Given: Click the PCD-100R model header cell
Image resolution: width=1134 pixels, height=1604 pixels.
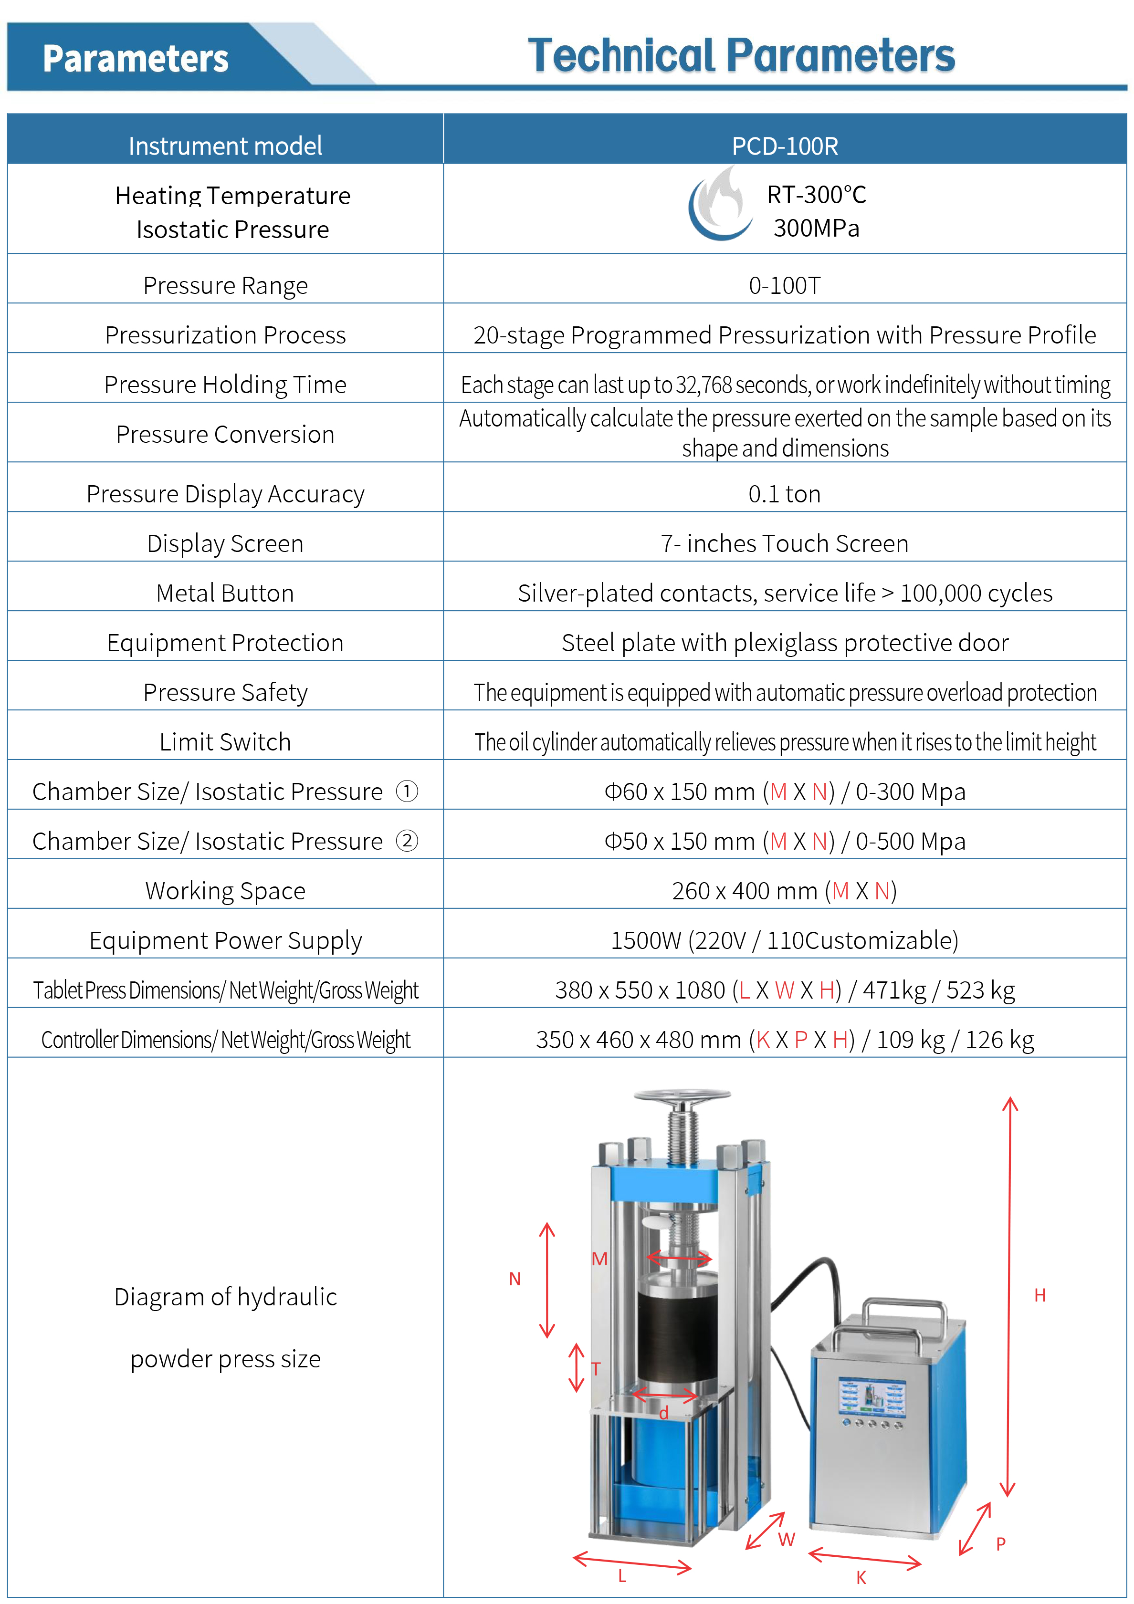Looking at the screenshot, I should point(784,146).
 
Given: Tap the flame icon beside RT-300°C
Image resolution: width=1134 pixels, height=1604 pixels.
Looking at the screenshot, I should point(720,205).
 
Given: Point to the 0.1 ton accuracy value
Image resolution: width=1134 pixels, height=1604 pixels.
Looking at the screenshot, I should point(784,494).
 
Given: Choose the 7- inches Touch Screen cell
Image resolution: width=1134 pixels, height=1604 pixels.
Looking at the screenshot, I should point(784,543).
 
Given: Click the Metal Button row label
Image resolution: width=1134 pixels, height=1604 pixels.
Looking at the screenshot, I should point(225,593).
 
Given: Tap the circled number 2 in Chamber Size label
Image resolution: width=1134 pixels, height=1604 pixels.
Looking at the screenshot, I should point(407,841).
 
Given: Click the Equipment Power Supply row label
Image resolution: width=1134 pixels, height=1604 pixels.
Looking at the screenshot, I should point(225,940).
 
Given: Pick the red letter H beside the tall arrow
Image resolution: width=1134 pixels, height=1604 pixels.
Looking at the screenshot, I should point(1039,1295).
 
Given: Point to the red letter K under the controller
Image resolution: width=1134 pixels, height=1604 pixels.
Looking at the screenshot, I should point(861,1577).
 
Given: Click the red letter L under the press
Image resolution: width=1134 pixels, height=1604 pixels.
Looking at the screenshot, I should point(622,1576).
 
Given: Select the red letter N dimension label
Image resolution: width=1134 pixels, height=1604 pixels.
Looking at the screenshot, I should point(515,1279).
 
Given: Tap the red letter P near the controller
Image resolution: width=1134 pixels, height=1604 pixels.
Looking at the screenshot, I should point(1000,1544).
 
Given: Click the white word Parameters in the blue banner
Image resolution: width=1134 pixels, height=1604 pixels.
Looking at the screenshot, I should point(136,59).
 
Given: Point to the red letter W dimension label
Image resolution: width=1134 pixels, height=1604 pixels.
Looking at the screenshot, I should point(787,1540).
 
